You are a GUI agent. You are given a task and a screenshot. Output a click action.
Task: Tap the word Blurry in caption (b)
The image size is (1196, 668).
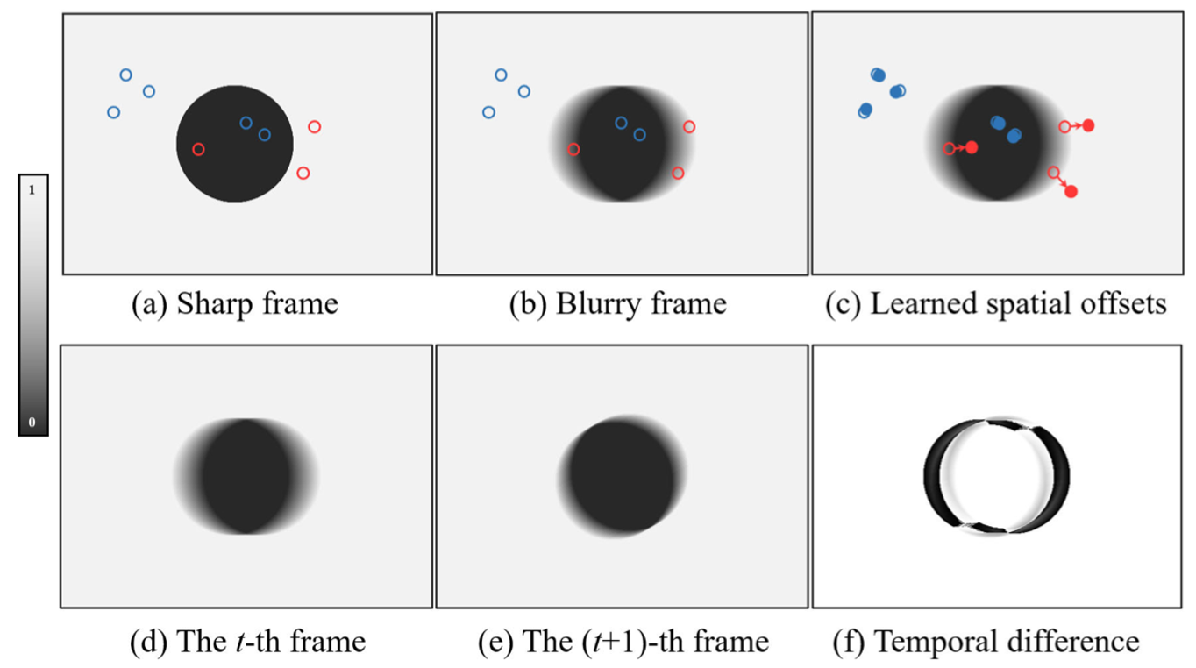coord(596,304)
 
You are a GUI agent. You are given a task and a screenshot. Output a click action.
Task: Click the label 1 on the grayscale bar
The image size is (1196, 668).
coord(32,191)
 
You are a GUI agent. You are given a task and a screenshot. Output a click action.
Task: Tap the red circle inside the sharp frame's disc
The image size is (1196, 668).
coord(198,149)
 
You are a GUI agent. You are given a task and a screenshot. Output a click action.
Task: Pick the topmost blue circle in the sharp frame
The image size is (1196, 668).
coord(125,75)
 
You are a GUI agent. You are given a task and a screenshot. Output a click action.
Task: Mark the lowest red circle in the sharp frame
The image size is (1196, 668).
coord(303,173)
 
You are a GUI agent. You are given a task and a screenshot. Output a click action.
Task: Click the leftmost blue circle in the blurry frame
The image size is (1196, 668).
coord(488,112)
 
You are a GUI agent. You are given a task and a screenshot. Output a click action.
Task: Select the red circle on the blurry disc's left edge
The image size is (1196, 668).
coord(573,149)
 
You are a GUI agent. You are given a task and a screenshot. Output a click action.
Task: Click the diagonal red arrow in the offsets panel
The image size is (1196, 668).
coord(1062,182)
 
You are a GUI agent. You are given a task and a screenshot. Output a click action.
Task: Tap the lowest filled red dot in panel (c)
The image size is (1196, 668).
coord(1071,191)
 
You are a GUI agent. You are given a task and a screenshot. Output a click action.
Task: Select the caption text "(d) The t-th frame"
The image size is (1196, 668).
coord(247,642)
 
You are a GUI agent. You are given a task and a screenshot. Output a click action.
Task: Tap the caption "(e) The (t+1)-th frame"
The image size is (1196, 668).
coord(623,642)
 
